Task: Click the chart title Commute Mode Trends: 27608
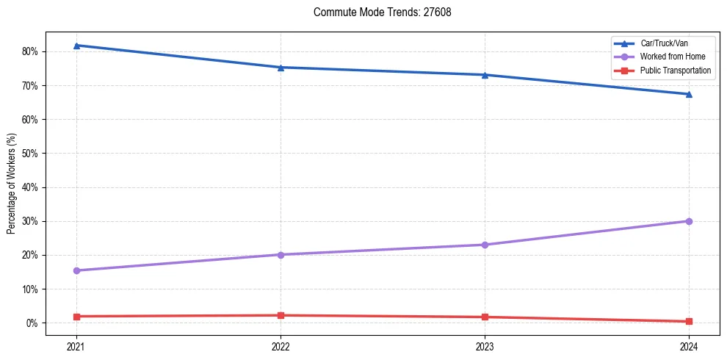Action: point(377,12)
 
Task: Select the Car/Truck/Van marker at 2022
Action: point(281,68)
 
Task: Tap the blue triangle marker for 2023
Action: point(485,75)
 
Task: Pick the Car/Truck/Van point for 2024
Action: point(689,94)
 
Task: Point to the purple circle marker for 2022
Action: point(281,255)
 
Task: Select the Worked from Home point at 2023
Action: point(485,245)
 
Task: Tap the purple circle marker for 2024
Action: point(689,221)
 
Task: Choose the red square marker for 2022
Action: point(281,315)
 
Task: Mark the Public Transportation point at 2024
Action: point(689,321)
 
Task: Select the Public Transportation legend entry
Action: point(675,71)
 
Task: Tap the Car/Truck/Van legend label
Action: point(664,43)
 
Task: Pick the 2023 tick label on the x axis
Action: point(485,346)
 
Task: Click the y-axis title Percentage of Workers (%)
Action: point(11,183)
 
